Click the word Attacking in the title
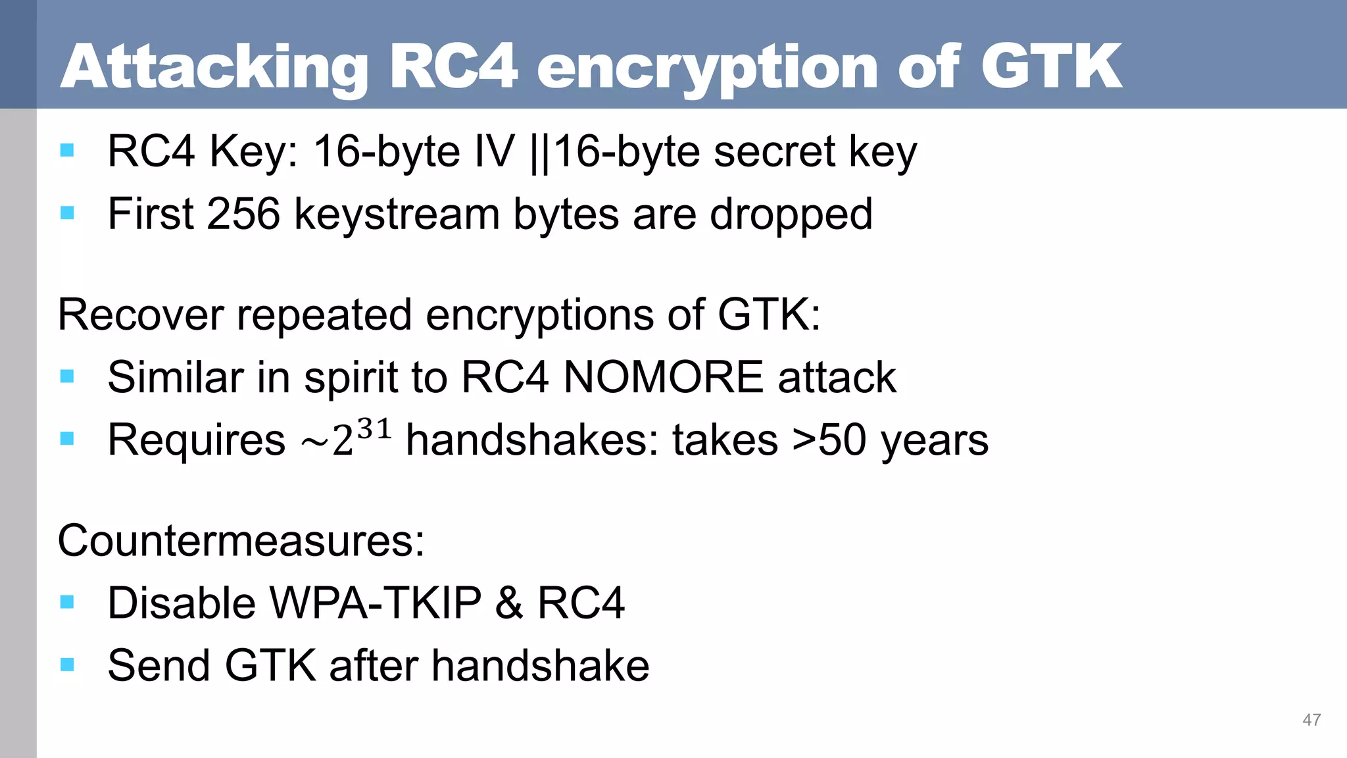[x=214, y=67]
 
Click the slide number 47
[x=1311, y=720]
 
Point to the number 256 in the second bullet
[x=243, y=214]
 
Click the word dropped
[x=791, y=215]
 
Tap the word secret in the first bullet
[x=774, y=151]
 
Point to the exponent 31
[x=375, y=430]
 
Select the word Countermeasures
[x=241, y=541]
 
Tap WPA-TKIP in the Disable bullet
[x=376, y=603]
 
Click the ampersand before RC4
[x=509, y=603]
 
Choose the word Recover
[x=140, y=315]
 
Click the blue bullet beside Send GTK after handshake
[x=67, y=665]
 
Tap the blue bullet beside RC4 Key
[x=67, y=151]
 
